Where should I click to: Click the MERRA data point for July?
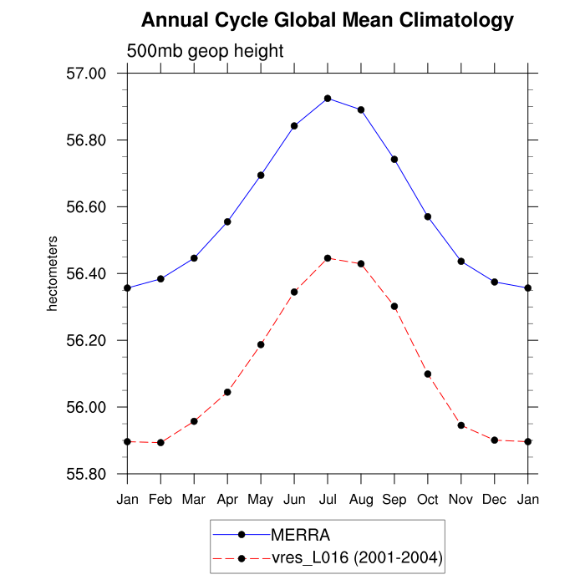click(x=328, y=99)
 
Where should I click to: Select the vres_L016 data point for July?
click(x=328, y=258)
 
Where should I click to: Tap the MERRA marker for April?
click(x=227, y=221)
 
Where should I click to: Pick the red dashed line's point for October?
click(x=428, y=374)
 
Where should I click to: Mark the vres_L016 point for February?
click(x=160, y=442)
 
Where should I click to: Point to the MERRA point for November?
click(x=461, y=262)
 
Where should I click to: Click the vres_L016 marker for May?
click(x=261, y=344)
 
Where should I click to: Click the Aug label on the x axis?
click(x=361, y=500)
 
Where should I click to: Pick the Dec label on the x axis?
click(x=495, y=500)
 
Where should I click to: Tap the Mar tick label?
click(x=194, y=500)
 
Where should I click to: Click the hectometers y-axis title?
click(x=52, y=274)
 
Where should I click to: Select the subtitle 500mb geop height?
click(x=206, y=51)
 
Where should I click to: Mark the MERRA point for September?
click(x=394, y=159)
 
